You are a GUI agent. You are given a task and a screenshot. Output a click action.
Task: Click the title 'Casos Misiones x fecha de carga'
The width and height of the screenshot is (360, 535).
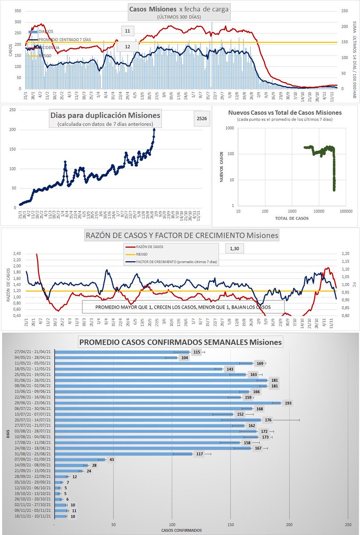(179, 9)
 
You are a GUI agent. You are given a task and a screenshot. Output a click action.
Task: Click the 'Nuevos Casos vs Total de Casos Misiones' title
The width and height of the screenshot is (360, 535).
(285, 112)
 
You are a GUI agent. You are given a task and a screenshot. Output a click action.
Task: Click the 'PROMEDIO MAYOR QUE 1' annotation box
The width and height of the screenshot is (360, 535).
(183, 307)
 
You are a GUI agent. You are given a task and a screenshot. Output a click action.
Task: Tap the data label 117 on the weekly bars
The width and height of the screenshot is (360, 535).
(199, 454)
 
